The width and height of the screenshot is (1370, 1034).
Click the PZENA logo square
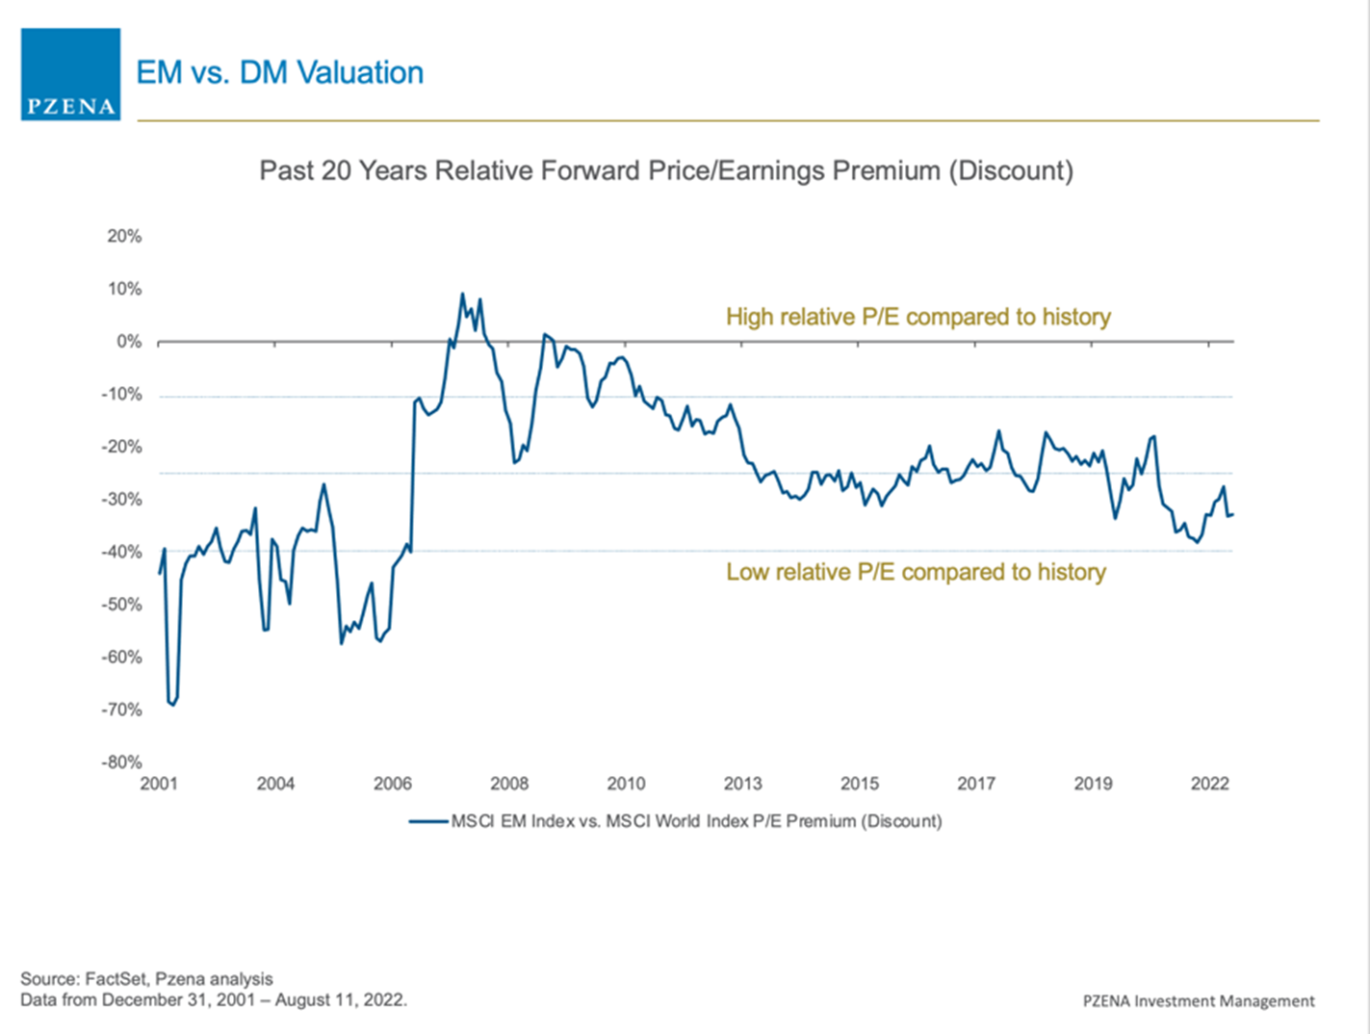click(70, 74)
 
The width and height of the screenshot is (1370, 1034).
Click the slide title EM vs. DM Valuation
click(279, 72)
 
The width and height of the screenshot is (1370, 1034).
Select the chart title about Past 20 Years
click(666, 170)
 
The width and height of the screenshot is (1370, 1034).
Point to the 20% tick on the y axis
click(124, 237)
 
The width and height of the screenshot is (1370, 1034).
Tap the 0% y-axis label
click(129, 342)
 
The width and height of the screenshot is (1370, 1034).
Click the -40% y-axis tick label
click(122, 553)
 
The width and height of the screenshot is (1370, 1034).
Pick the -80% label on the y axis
click(122, 763)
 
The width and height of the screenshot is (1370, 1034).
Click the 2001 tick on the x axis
click(159, 784)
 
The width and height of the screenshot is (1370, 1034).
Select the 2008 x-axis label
click(509, 784)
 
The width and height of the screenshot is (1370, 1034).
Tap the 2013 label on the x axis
click(742, 784)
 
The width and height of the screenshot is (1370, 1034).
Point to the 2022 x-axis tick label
click(1209, 784)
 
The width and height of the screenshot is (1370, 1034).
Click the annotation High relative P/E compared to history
click(918, 317)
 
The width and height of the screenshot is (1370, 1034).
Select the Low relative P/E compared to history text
click(916, 572)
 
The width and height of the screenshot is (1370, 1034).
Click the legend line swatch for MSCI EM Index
click(428, 821)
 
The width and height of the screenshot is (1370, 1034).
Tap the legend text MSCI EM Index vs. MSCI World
click(696, 821)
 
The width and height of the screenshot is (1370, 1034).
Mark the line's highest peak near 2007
click(462, 294)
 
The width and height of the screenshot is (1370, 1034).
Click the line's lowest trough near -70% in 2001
click(172, 705)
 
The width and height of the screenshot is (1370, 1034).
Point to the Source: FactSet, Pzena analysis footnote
click(146, 979)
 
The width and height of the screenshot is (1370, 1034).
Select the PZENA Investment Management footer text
click(1199, 1001)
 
